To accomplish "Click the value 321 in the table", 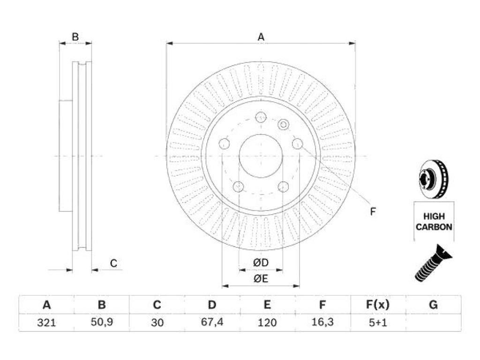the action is click(46, 322).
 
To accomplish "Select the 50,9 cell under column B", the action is click(102, 322).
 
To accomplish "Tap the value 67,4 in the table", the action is click(212, 322).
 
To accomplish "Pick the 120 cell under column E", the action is click(267, 322).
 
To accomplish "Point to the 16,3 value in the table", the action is click(322, 322).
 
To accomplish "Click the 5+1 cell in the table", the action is click(378, 322).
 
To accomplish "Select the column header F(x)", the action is click(378, 305).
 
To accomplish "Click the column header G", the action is click(433, 305).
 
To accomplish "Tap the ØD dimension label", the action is click(261, 262).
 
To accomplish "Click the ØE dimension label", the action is click(261, 278).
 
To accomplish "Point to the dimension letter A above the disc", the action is click(261, 37).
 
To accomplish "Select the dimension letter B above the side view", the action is click(75, 37).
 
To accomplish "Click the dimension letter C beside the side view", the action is click(113, 263).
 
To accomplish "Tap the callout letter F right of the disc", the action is click(373, 211).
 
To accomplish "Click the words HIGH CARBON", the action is click(434, 222).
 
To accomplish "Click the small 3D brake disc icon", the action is click(434, 179).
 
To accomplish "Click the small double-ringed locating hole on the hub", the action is click(284, 125).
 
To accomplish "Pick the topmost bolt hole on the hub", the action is click(261, 117).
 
